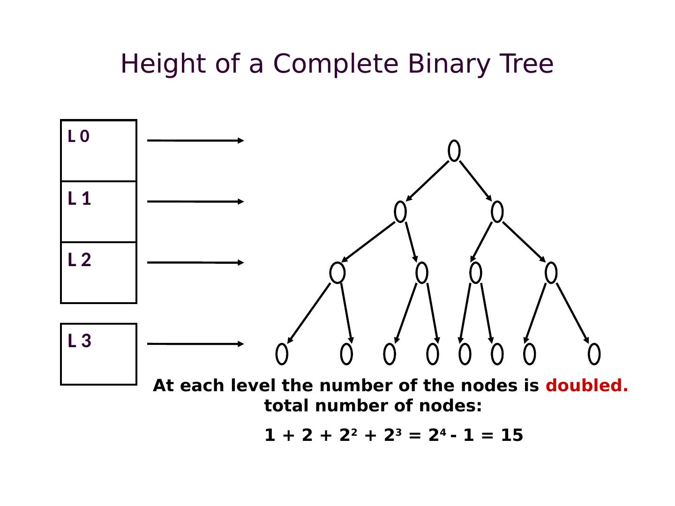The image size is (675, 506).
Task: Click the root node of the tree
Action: (454, 150)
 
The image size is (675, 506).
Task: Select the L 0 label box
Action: (98, 150)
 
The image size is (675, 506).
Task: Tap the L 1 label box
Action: (98, 211)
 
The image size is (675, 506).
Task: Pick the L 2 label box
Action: (98, 272)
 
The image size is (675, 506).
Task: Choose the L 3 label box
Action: (98, 354)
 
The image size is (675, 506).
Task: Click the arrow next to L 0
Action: (195, 140)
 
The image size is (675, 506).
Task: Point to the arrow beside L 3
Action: (195, 344)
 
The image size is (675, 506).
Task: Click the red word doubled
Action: (586, 386)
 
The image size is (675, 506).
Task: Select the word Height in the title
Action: (164, 64)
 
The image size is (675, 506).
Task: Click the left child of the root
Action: (400, 212)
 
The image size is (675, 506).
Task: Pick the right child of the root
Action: (497, 212)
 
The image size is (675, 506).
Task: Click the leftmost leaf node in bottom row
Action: (282, 354)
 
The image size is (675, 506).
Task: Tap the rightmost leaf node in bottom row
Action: (594, 354)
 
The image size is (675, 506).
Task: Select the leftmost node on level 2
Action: (337, 273)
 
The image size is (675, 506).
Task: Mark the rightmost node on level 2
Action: (551, 273)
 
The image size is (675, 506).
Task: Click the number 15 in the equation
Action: (512, 435)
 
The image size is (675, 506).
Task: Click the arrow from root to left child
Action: (427, 181)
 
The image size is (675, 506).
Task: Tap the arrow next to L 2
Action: (195, 262)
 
